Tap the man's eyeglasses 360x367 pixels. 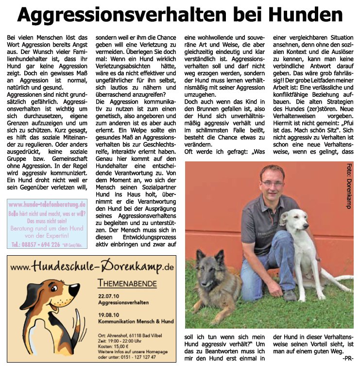(272, 183)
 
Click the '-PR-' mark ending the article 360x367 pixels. (347, 358)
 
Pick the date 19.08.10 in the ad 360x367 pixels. (108, 315)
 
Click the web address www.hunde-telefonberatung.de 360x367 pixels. (47, 205)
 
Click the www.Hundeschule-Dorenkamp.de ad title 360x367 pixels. (92, 266)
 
